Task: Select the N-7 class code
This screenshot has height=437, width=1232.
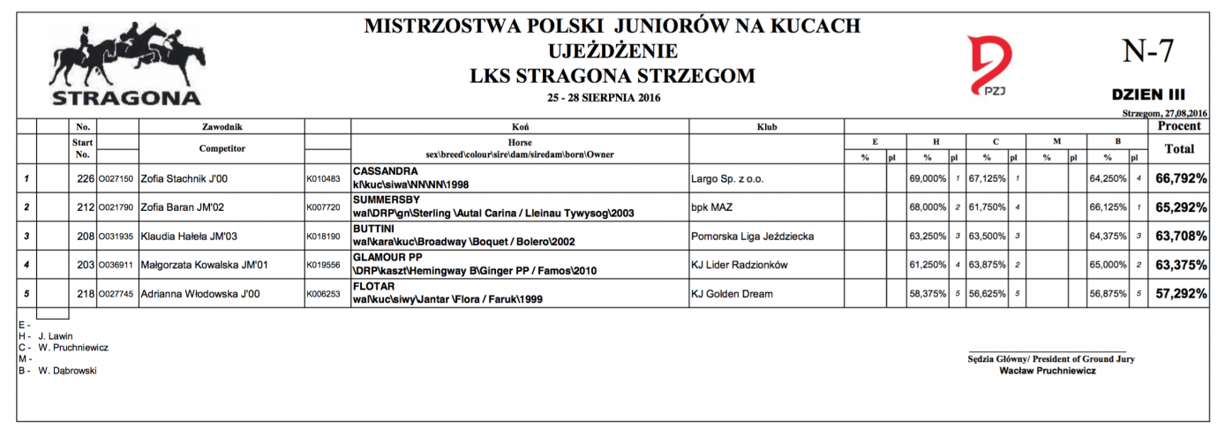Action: click(x=1147, y=51)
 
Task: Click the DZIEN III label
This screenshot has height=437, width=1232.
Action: click(x=1148, y=94)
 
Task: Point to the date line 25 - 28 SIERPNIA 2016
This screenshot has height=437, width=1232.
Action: click(x=604, y=97)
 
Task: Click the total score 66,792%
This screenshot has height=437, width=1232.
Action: click(x=1181, y=178)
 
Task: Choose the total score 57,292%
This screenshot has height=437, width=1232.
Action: click(x=1181, y=293)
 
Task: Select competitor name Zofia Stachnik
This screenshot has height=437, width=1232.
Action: click(x=184, y=179)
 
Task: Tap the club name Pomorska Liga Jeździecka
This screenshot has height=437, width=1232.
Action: click(x=752, y=237)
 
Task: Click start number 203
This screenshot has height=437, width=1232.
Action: click(x=85, y=265)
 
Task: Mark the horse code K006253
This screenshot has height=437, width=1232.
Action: click(x=322, y=294)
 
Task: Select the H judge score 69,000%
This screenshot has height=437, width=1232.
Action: click(x=927, y=179)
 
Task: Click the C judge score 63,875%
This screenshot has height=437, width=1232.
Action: click(x=988, y=265)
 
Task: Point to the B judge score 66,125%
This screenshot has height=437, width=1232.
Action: click(x=1108, y=207)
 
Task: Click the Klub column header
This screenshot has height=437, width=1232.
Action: click(x=766, y=127)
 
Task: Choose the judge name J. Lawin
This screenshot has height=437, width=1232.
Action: click(x=56, y=336)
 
